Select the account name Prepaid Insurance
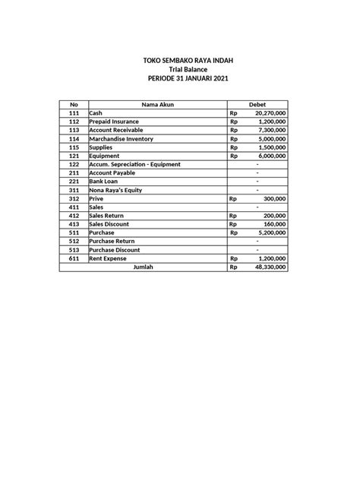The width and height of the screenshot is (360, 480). click(x=115, y=122)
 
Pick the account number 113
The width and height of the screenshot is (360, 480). click(x=74, y=130)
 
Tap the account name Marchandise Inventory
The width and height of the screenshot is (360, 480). click(x=122, y=139)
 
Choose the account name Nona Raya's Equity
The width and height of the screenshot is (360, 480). click(x=115, y=190)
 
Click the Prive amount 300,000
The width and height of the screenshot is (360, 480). click(x=274, y=198)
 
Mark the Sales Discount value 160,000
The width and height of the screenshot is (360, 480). click(x=274, y=224)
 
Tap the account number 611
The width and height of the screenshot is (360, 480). click(x=74, y=258)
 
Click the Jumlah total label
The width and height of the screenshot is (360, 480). click(x=143, y=267)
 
